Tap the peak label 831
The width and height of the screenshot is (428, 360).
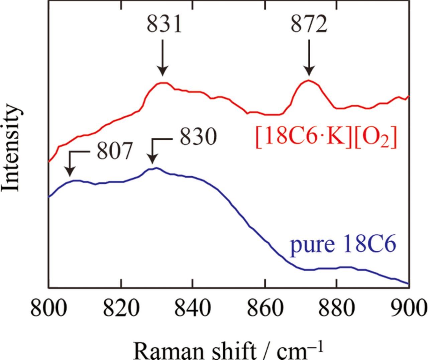(164, 25)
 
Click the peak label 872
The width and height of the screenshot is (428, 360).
(309, 25)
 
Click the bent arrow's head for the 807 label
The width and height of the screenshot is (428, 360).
(70, 172)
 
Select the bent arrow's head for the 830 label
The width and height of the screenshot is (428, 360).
(152, 160)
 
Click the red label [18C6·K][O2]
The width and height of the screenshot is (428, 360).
(326, 138)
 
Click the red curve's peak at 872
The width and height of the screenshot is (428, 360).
(308, 81)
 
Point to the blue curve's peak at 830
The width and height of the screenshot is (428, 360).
(156, 168)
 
